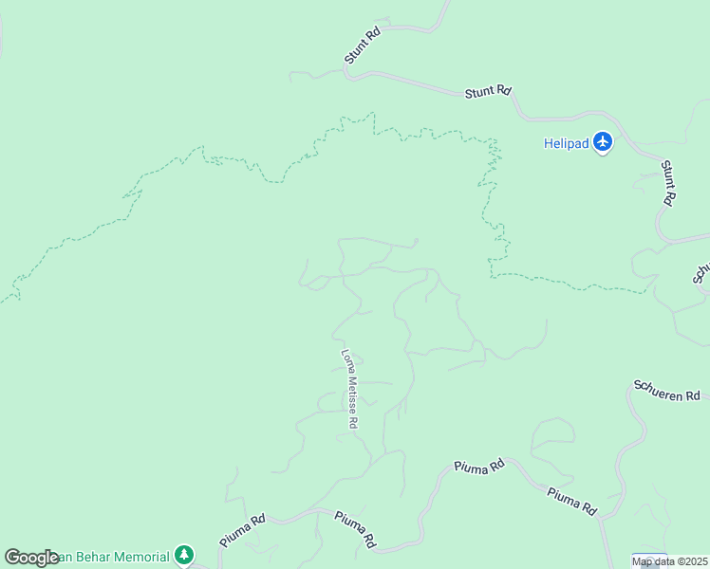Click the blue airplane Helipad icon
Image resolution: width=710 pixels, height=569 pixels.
[603, 143]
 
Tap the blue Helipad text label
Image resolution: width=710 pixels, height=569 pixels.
[566, 144]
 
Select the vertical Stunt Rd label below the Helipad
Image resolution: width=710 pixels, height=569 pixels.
[668, 183]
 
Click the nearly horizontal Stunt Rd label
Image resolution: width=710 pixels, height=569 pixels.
[488, 92]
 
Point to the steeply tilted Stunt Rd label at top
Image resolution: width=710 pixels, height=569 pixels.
[363, 45]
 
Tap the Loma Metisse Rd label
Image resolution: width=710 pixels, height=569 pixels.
[349, 389]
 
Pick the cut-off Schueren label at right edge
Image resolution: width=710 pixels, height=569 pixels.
[701, 272]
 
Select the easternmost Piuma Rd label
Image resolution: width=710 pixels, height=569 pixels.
[571, 502]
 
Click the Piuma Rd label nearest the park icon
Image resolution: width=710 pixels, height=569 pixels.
[241, 529]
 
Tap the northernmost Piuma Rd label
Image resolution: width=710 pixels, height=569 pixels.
[478, 467]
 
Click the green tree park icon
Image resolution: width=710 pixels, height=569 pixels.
[184, 555]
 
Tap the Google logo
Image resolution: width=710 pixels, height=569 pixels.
[30, 558]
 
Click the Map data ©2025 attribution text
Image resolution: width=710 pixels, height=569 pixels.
[670, 561]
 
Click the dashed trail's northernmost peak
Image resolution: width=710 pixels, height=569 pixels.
[372, 113]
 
